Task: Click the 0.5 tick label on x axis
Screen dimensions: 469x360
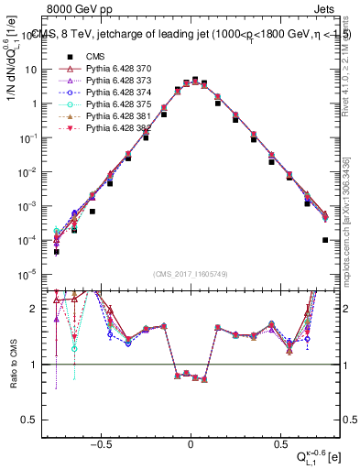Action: pos(278,441)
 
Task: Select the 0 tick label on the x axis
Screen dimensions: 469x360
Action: pos(191,441)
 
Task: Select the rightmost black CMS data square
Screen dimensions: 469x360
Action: pos(325,240)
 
